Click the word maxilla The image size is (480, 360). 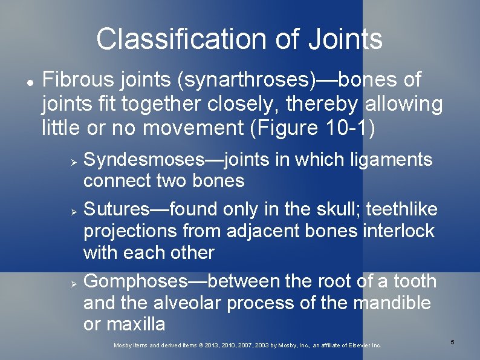click(x=136, y=324)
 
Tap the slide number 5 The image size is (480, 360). click(x=452, y=343)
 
